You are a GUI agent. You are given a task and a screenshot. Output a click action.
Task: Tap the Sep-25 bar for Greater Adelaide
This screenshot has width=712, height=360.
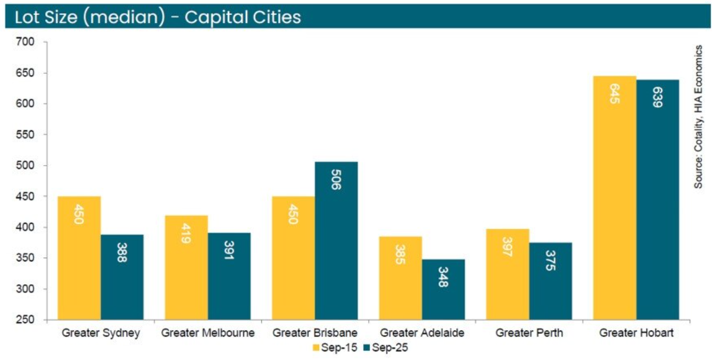click(x=443, y=289)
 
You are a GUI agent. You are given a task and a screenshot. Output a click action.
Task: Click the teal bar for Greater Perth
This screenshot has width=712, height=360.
click(x=550, y=281)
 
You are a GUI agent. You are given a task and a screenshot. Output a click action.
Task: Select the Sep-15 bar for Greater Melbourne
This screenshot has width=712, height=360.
click(x=186, y=267)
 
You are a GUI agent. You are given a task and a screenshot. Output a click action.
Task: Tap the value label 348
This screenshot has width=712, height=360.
click(x=443, y=277)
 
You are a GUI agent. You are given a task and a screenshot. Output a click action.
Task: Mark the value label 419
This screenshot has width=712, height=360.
click(x=186, y=234)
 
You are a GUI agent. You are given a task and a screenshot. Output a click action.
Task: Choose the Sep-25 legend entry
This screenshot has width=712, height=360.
click(x=385, y=348)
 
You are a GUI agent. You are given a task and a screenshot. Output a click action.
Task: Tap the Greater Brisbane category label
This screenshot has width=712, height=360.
click(x=315, y=333)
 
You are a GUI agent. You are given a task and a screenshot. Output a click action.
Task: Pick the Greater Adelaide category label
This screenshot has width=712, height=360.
click(x=421, y=333)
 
